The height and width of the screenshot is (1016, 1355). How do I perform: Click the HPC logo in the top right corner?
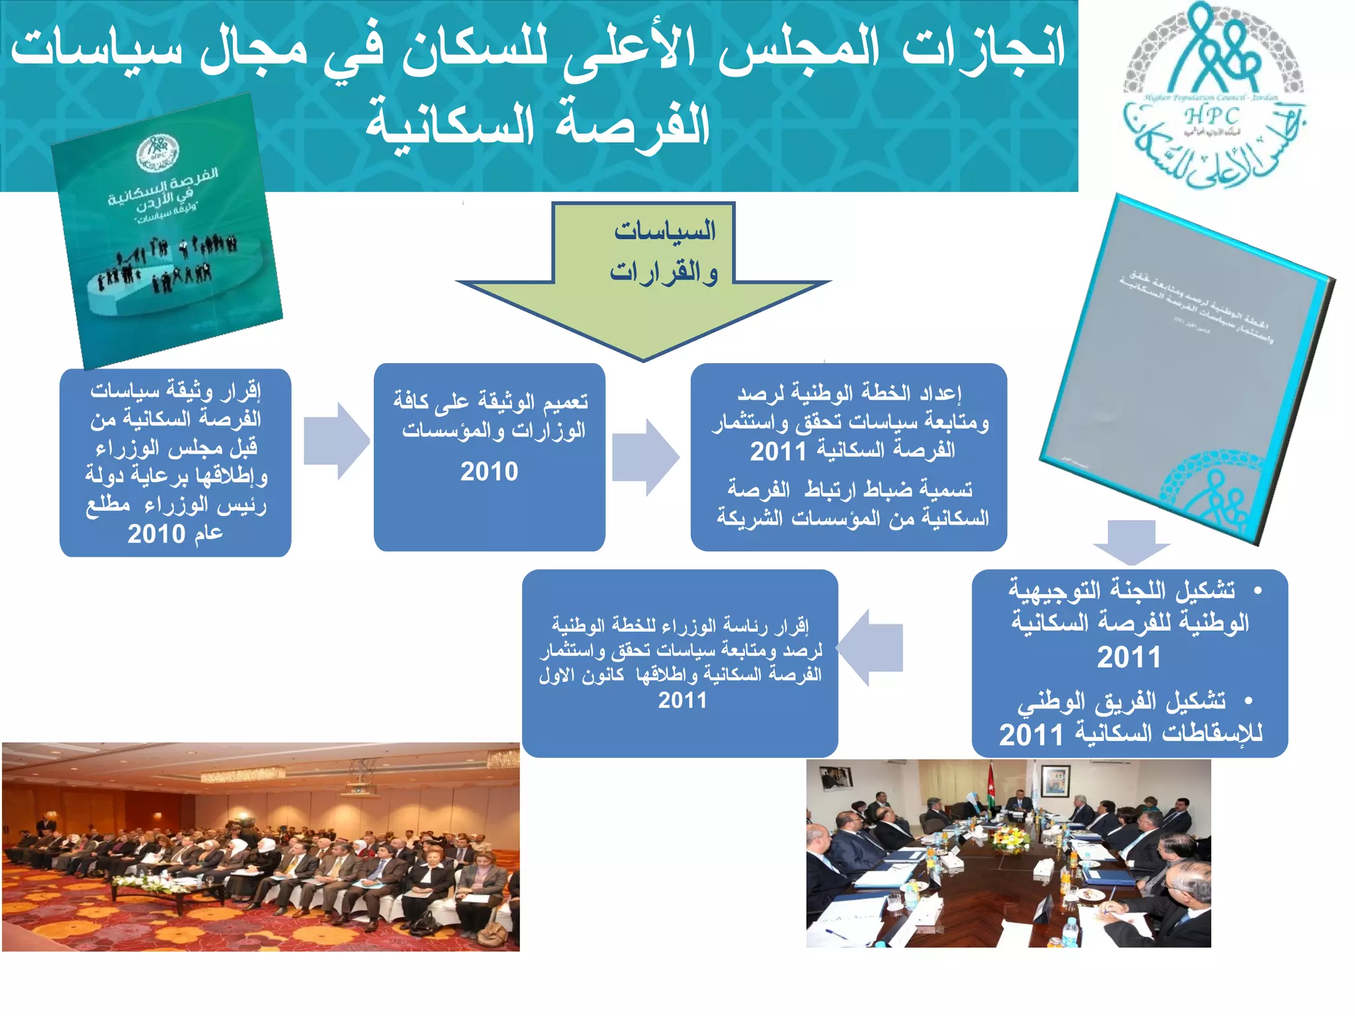point(1214,96)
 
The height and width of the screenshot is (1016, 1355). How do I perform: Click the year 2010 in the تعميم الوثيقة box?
point(489,472)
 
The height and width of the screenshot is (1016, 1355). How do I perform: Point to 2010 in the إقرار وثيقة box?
point(156,534)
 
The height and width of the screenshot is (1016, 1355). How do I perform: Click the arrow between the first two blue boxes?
point(336,441)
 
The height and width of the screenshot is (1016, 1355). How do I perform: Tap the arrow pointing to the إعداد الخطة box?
point(645,457)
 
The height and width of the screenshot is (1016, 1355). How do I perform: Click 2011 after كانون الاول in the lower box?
point(682,700)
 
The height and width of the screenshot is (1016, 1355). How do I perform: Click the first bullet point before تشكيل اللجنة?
point(1258,589)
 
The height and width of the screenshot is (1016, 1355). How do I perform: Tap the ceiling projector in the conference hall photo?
point(357,790)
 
